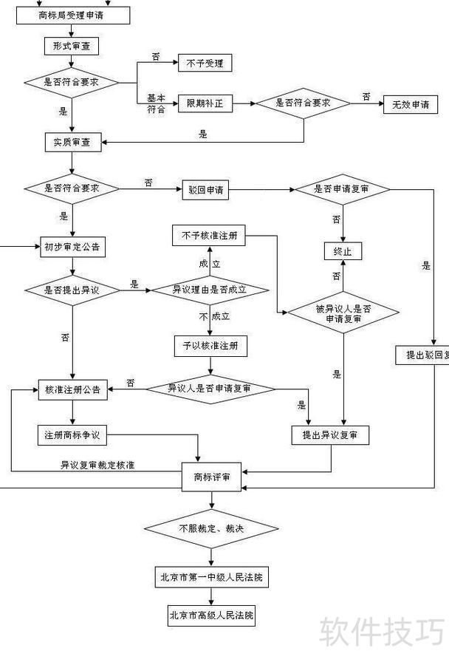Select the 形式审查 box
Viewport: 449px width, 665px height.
pyautogui.click(x=71, y=46)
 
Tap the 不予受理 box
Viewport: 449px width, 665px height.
pyautogui.click(x=205, y=63)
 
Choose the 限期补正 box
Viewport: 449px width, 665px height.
pyautogui.click(x=205, y=104)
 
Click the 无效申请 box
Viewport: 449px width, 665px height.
pyautogui.click(x=410, y=104)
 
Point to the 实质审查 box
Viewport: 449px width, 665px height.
pyautogui.click(x=72, y=143)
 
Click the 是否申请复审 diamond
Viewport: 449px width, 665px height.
pyautogui.click(x=342, y=189)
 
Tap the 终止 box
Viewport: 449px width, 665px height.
pyautogui.click(x=343, y=251)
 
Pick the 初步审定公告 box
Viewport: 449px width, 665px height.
pyautogui.click(x=72, y=246)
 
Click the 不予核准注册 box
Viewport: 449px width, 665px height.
pyautogui.click(x=210, y=236)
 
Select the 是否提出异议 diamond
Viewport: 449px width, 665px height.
pyautogui.click(x=72, y=290)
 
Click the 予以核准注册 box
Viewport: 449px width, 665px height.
pyautogui.click(x=210, y=345)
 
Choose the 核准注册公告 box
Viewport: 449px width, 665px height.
pyautogui.click(x=72, y=389)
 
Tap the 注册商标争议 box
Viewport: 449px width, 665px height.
pyautogui.click(x=72, y=435)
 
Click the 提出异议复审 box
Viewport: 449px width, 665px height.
pyautogui.click(x=330, y=435)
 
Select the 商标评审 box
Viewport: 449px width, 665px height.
pyautogui.click(x=211, y=477)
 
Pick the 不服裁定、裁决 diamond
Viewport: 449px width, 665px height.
pyautogui.click(x=211, y=528)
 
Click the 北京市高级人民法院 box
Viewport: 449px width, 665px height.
pyautogui.click(x=211, y=615)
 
